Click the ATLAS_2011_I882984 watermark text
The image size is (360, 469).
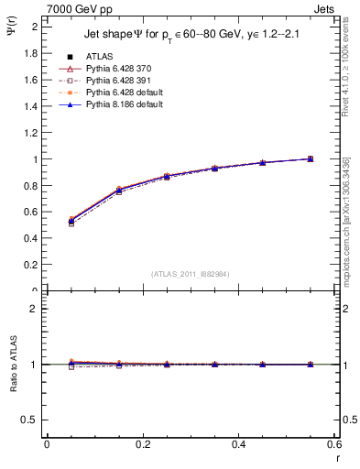[190, 274]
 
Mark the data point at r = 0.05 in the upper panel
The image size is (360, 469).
[71, 221]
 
